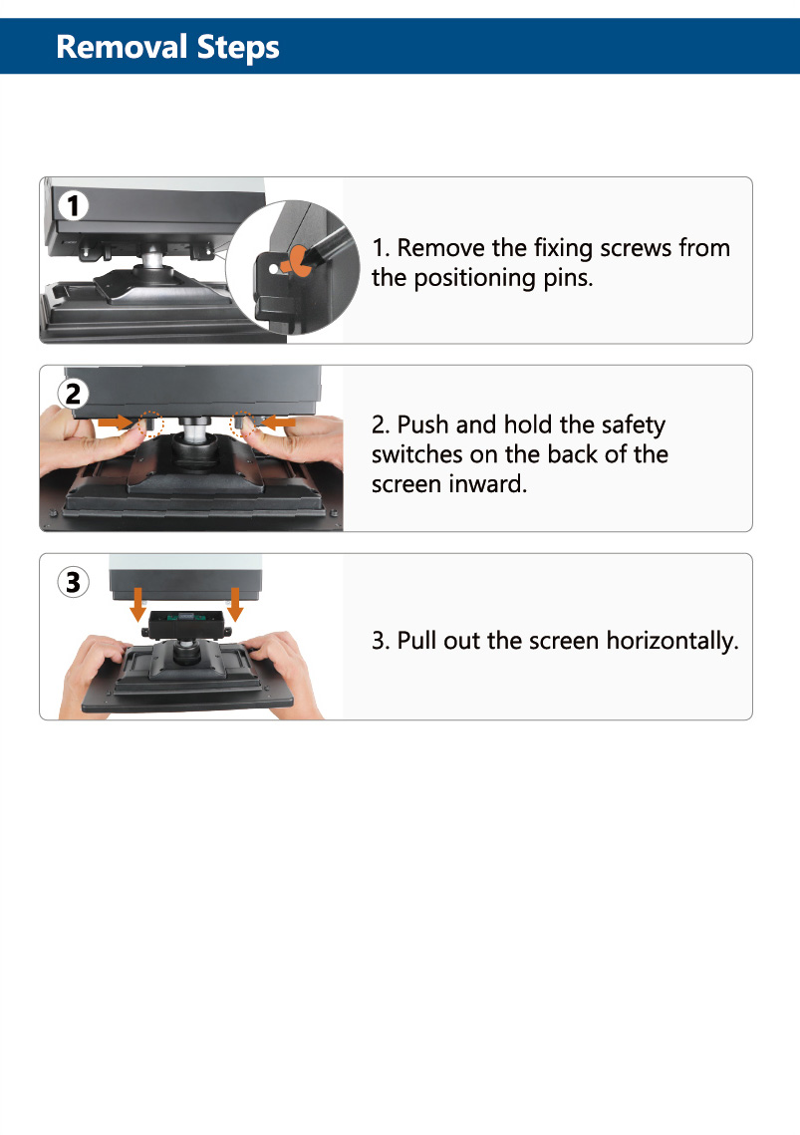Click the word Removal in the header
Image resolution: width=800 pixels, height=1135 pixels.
click(122, 47)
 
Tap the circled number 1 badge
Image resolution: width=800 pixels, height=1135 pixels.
click(73, 205)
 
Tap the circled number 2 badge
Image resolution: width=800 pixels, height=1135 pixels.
click(73, 394)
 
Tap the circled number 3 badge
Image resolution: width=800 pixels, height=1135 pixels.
click(73, 582)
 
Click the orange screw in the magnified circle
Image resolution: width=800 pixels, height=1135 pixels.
click(297, 262)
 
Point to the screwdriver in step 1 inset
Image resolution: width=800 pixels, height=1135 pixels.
click(330, 241)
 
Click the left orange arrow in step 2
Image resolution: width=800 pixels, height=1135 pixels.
click(116, 422)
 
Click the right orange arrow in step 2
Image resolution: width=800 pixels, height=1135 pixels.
click(278, 422)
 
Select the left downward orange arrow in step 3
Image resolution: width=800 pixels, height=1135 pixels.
click(137, 605)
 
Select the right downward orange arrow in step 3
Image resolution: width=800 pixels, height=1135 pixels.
click(234, 605)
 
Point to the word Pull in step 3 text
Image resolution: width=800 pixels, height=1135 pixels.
click(417, 641)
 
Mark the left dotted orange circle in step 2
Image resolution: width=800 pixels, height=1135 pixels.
click(150, 424)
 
